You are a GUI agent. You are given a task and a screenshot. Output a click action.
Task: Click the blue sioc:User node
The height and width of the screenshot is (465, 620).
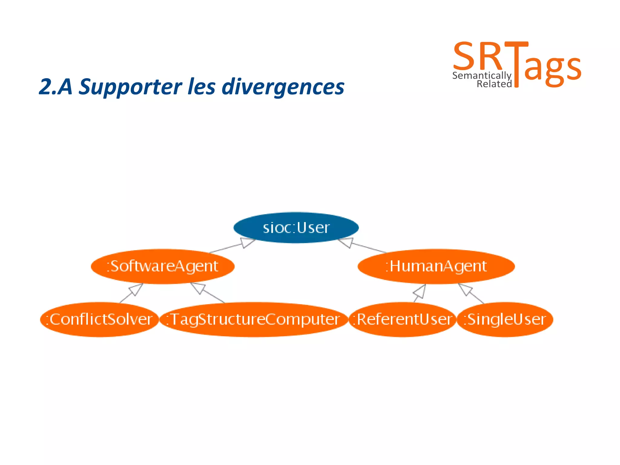pos(296,228)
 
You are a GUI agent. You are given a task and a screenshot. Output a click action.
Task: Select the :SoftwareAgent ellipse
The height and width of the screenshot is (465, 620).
pos(163,266)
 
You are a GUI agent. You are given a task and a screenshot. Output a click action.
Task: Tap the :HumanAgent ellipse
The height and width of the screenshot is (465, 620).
pos(436,266)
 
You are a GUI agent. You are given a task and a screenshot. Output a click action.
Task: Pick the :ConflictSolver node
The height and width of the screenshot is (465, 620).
pos(99,319)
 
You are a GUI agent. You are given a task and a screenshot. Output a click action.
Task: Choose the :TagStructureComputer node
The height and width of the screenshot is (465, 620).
pos(254,319)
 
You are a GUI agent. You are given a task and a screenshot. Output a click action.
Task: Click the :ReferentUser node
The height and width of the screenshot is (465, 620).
pos(403,319)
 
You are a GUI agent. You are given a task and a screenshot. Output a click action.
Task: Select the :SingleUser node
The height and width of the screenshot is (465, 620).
pos(505,319)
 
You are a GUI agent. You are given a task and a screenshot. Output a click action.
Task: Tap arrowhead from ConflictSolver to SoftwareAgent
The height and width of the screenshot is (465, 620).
pos(136,289)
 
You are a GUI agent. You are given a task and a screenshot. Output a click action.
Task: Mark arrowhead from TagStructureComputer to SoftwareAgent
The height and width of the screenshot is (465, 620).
pos(198,288)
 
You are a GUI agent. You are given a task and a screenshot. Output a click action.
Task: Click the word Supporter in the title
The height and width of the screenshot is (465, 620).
pos(130,87)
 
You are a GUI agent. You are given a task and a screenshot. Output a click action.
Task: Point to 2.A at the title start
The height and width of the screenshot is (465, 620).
pos(55,87)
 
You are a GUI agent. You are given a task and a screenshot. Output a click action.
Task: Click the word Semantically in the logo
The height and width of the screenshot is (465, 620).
pos(481,75)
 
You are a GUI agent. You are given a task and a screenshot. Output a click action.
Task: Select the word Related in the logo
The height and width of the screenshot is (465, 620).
pos(494,84)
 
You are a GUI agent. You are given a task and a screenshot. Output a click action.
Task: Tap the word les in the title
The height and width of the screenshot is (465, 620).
pos(201,87)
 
